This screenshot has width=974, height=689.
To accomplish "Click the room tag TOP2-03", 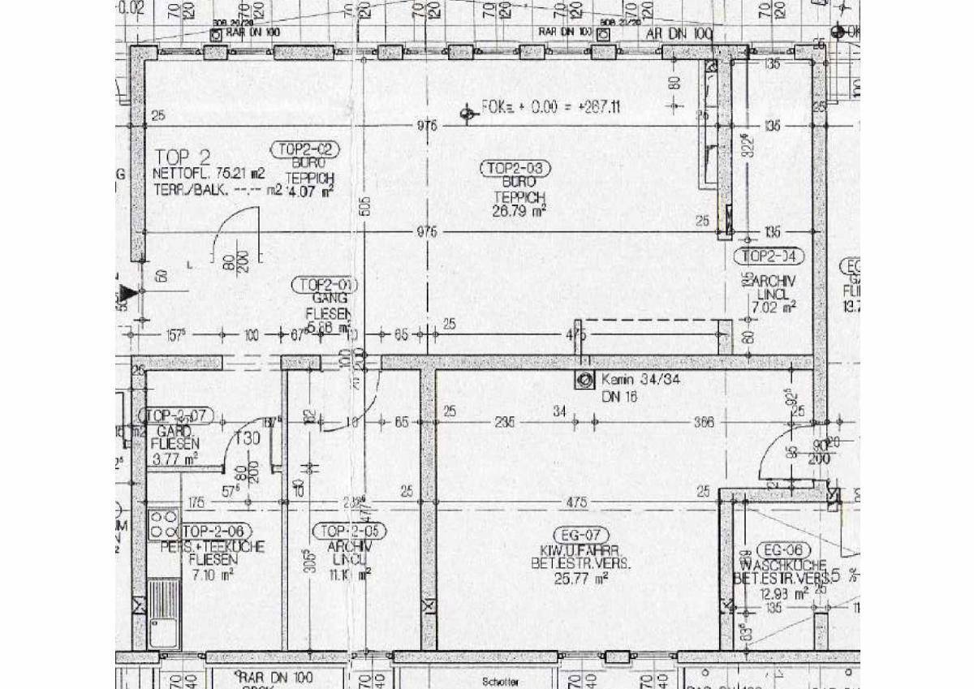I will [516, 169].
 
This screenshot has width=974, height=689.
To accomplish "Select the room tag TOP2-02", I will [304, 149].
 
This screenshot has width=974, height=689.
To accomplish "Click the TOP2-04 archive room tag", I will [768, 257].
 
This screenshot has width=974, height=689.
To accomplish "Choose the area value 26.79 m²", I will [519, 211].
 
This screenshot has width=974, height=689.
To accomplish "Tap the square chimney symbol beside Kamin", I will [584, 379].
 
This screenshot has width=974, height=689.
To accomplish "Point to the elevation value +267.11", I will [596, 106].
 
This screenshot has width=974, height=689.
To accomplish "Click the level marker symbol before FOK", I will [467, 114].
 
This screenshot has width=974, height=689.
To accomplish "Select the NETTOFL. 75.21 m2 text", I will [209, 173].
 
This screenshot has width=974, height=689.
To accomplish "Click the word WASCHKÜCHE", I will [783, 565].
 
